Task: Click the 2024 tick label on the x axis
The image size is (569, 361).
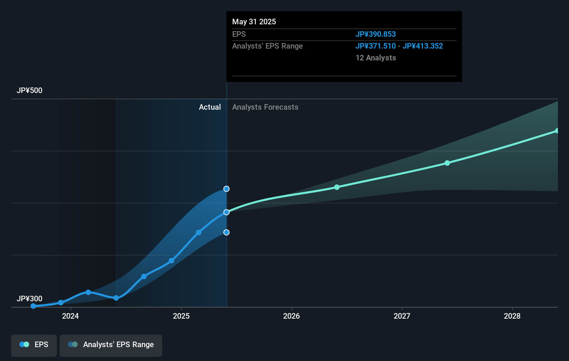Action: click(70, 316)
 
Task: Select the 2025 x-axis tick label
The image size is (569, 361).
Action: click(181, 316)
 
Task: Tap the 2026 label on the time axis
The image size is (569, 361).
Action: click(291, 316)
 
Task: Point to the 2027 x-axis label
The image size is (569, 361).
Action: click(402, 316)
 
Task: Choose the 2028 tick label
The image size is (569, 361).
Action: click(512, 316)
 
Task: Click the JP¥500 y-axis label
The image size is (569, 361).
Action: click(29, 91)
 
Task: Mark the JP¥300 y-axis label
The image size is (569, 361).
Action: click(29, 299)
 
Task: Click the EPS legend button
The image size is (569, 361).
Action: click(34, 345)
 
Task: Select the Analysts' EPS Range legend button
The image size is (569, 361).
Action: click(111, 345)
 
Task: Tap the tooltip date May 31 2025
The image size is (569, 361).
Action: click(254, 22)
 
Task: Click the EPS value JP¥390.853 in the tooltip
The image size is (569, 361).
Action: click(376, 34)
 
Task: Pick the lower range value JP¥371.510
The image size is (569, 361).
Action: click(376, 46)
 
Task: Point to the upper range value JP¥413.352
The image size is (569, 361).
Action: click(423, 46)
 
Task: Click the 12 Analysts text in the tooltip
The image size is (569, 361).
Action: click(376, 58)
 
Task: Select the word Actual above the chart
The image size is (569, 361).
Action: click(210, 107)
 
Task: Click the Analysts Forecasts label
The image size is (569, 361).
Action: click(265, 107)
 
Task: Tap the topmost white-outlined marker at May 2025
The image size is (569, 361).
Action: click(226, 189)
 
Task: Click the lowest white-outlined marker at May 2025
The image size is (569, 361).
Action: click(226, 233)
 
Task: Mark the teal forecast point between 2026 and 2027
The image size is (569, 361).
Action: click(337, 187)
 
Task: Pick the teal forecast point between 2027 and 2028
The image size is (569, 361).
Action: click(447, 163)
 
